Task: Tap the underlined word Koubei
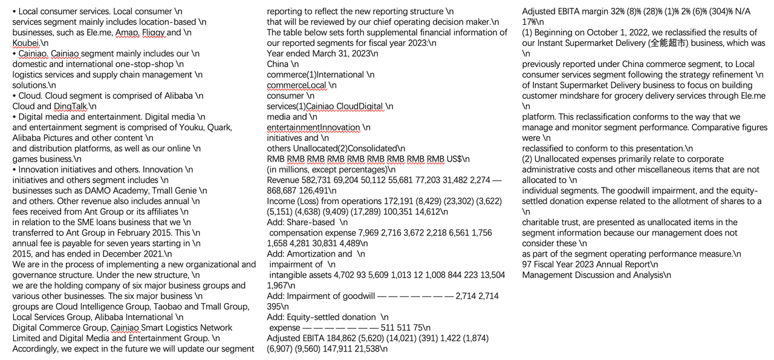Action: point(25,43)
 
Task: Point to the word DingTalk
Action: point(71,106)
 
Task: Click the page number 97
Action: point(527,265)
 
